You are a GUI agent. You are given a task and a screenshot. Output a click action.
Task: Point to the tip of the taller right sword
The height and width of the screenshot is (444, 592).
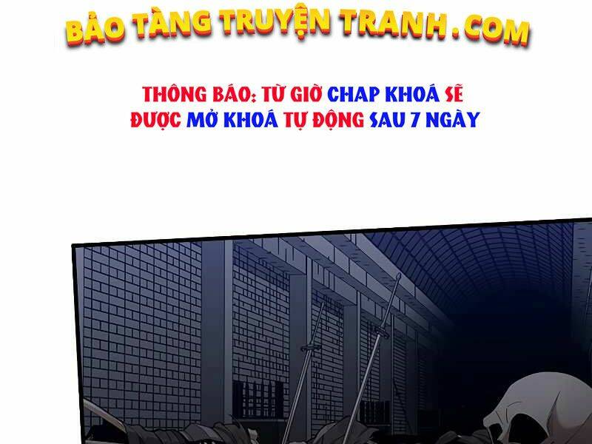tap(398, 276)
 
